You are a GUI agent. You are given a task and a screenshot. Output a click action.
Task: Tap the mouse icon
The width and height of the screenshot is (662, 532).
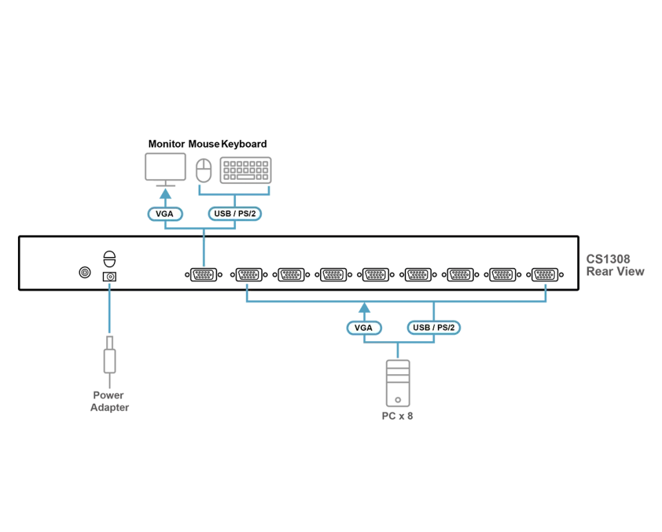[203, 170]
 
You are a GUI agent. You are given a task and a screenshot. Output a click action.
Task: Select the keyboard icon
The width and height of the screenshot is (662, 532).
[245, 170]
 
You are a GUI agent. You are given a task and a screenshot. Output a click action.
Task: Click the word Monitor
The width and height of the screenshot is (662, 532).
[166, 144]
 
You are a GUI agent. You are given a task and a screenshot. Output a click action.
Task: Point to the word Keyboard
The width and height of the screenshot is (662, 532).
[244, 144]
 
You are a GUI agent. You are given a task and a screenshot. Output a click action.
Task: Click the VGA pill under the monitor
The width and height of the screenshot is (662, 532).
[165, 214]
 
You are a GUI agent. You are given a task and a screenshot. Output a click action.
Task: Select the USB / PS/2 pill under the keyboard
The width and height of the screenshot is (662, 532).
[234, 214]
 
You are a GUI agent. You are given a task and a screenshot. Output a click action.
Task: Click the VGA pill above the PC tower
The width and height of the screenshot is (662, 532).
[364, 328]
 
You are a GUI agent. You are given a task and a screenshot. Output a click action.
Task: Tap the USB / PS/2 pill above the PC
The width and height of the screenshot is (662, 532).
[434, 328]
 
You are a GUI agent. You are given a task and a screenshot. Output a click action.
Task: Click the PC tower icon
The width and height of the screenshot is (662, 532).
[398, 383]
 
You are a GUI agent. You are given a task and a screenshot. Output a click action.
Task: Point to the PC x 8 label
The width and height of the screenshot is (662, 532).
[397, 416]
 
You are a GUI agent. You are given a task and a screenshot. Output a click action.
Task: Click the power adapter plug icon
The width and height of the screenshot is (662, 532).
[110, 355]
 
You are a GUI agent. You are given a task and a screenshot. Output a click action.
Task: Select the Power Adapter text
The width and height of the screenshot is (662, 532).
[110, 401]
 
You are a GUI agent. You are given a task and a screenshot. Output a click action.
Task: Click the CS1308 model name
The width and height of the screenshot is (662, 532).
[608, 259]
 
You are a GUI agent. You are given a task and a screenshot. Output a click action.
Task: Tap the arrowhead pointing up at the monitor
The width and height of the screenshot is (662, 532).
[165, 194]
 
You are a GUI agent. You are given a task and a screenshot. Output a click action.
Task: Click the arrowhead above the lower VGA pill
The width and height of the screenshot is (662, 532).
[364, 307]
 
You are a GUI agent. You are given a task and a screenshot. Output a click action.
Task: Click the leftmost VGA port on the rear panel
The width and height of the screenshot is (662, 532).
[203, 275]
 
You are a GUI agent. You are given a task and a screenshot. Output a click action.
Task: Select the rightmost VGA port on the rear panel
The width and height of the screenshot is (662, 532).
[545, 275]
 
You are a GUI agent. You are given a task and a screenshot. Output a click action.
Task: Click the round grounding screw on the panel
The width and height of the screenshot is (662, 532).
[85, 272]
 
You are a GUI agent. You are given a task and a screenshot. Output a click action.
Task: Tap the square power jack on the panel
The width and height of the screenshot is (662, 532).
[110, 277]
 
